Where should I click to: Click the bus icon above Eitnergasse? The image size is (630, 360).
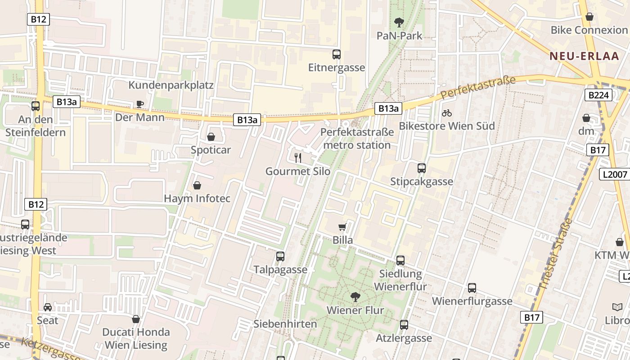click(336, 54)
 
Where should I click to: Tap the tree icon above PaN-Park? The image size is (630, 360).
click(399, 22)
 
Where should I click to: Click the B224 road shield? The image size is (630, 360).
click(598, 95)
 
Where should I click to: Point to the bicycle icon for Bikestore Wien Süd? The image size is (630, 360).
click(446, 113)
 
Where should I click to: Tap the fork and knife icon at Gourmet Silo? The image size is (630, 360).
click(297, 157)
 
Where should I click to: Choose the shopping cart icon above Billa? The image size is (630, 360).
click(342, 227)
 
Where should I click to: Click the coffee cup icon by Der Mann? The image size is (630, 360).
click(140, 104)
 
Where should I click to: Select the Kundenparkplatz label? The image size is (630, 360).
click(171, 85)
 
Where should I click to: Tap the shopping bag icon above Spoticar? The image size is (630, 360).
click(211, 137)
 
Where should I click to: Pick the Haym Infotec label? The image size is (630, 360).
click(197, 198)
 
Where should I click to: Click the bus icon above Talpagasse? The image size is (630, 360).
click(280, 256)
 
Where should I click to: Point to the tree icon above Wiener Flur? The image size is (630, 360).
click(355, 297)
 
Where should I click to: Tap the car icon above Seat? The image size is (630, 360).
click(47, 307)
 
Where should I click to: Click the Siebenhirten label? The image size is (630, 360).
click(285, 324)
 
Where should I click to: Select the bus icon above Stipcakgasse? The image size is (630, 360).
click(421, 168)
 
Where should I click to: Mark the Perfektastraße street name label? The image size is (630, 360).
click(478, 88)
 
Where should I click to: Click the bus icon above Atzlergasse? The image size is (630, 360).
click(404, 325)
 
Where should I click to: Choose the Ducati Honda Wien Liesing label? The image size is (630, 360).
click(136, 338)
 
